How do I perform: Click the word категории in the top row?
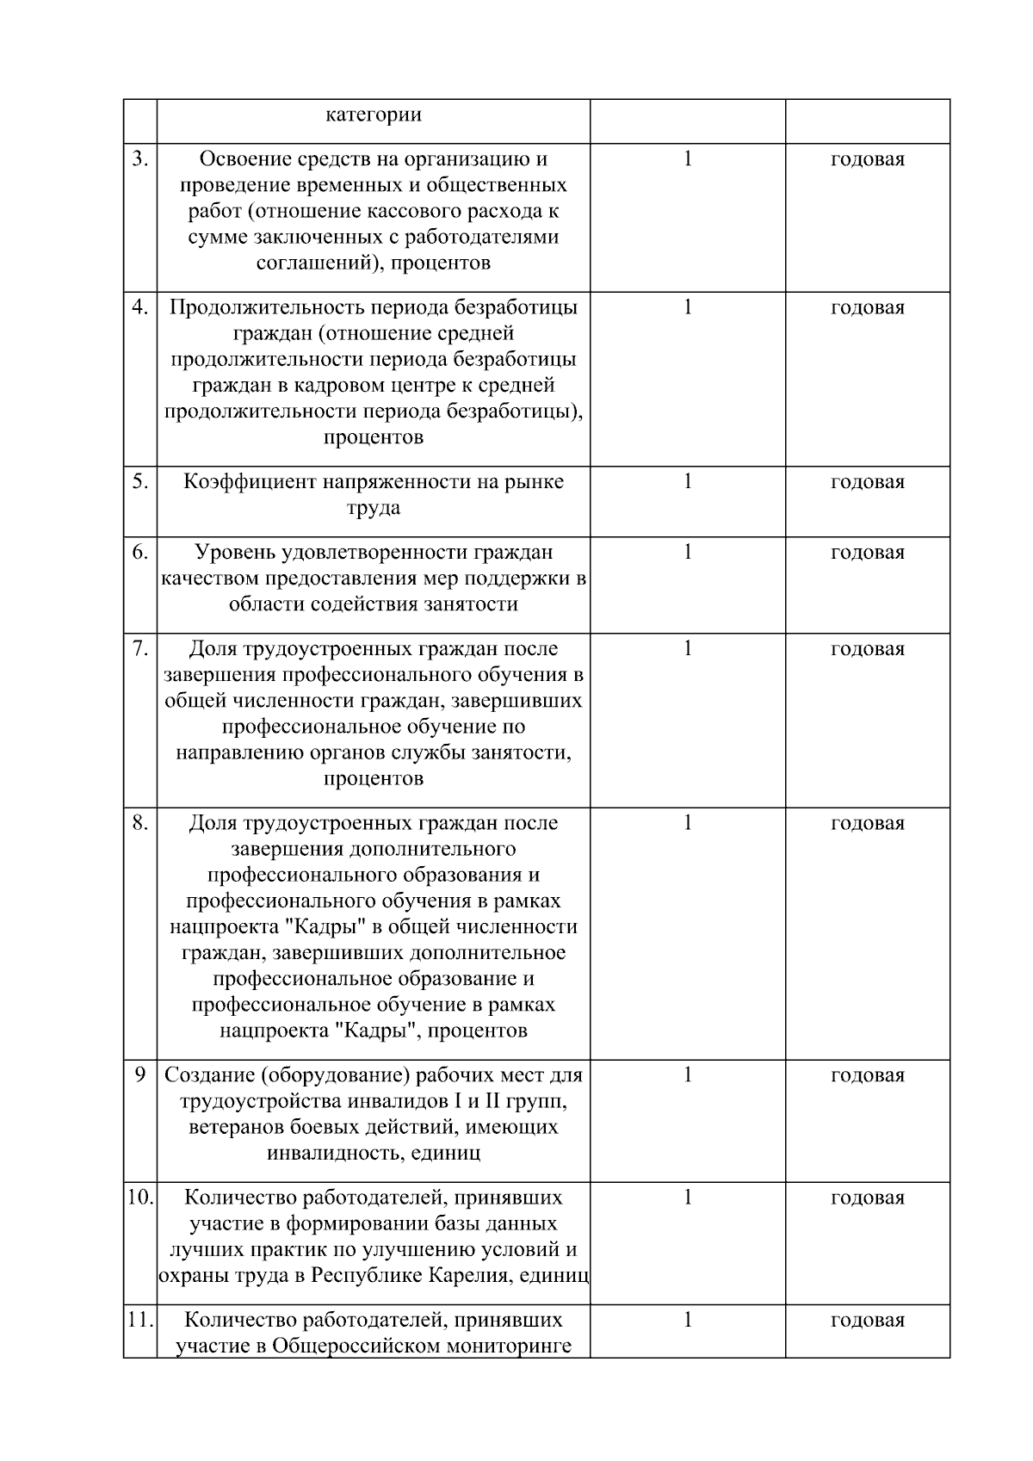pyautogui.click(x=374, y=115)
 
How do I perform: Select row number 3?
pyautogui.click(x=140, y=159)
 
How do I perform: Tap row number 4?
pyautogui.click(x=140, y=307)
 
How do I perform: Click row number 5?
pyautogui.click(x=140, y=481)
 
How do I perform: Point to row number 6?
pyautogui.click(x=140, y=552)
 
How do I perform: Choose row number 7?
pyautogui.click(x=140, y=648)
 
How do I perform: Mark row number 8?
pyautogui.click(x=140, y=822)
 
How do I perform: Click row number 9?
pyautogui.click(x=140, y=1074)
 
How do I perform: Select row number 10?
pyautogui.click(x=140, y=1198)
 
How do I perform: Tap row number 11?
pyautogui.click(x=140, y=1320)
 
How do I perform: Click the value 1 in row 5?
pyautogui.click(x=688, y=481)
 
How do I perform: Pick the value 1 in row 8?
pyautogui.click(x=688, y=822)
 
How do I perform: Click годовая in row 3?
pyautogui.click(x=868, y=159)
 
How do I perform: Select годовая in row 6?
pyautogui.click(x=868, y=552)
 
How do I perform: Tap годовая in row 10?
pyautogui.click(x=868, y=1198)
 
